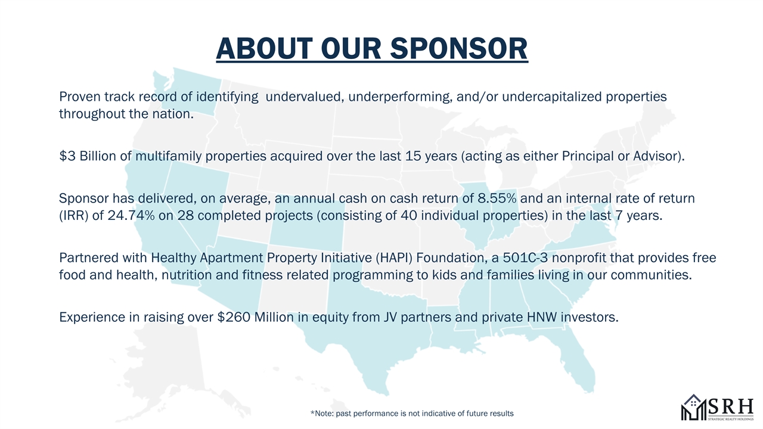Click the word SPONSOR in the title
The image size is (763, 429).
(x=459, y=48)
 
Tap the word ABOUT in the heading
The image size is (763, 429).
(x=264, y=48)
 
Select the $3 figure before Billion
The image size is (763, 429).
(x=67, y=156)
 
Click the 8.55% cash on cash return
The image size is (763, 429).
(x=497, y=198)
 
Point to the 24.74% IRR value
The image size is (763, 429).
(x=131, y=216)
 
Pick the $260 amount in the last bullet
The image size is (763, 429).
(x=234, y=318)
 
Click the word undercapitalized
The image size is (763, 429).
(x=552, y=97)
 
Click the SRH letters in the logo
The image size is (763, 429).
(x=731, y=406)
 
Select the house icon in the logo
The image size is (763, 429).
(x=694, y=407)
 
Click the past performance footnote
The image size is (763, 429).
(x=412, y=414)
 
